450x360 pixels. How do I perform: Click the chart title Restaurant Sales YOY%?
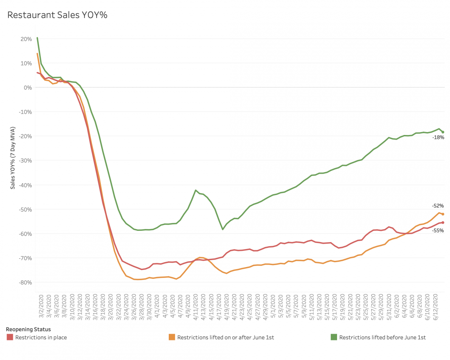tap(57, 15)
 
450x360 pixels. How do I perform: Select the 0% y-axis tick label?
tap(28, 87)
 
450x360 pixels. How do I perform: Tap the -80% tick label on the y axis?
tap(25, 282)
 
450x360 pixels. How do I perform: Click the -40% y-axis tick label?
tap(25, 185)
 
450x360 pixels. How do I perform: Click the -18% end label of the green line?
tap(438, 137)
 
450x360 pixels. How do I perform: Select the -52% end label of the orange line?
tap(438, 206)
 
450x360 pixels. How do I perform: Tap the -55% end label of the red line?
tap(438, 230)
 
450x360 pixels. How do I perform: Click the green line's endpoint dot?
tap(443, 132)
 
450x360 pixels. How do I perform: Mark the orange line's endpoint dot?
tap(443, 214)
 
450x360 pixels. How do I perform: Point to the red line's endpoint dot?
tap(443, 222)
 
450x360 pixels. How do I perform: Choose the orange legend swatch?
tap(172, 337)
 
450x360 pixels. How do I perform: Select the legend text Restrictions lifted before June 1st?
tap(382, 337)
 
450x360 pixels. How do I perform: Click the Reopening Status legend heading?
tap(28, 329)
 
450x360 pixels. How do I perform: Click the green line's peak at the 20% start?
tap(37, 38)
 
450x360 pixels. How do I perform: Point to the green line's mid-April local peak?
tap(195, 190)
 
